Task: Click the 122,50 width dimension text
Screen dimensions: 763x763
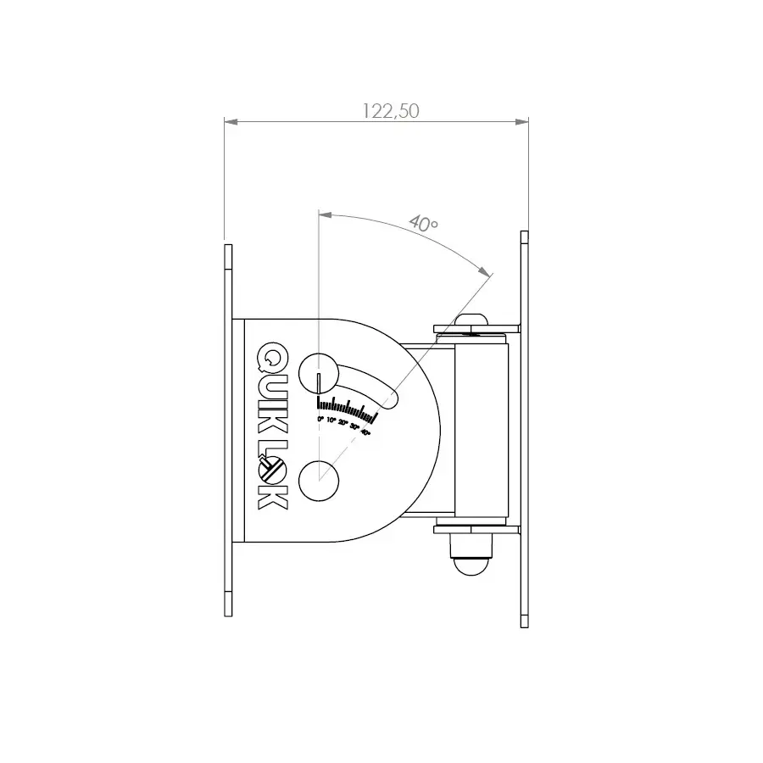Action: tap(391, 111)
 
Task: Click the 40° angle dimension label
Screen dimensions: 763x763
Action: tap(423, 224)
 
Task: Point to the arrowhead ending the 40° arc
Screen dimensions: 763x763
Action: tap(485, 271)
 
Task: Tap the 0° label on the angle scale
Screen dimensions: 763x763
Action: tap(320, 420)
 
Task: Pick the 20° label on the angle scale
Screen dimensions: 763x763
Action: tap(343, 423)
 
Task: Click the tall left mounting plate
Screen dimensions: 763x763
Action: tap(227, 429)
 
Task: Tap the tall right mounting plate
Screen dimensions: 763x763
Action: tap(524, 429)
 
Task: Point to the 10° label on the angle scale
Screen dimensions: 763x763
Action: tap(331, 420)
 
